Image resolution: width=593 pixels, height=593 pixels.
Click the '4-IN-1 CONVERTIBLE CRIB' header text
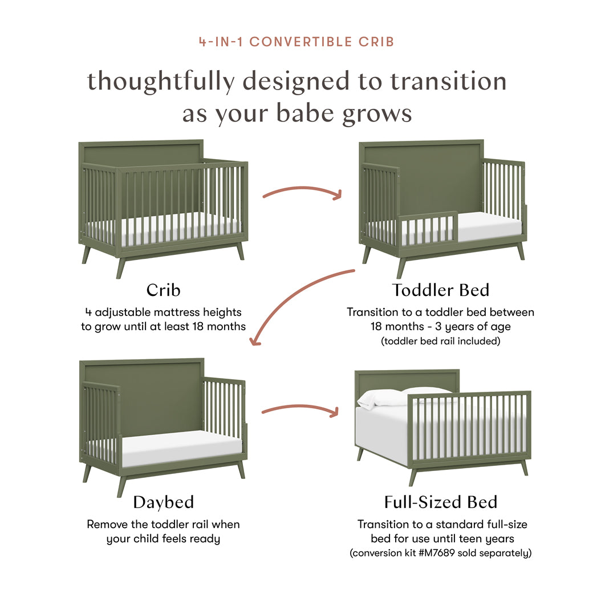click(x=296, y=42)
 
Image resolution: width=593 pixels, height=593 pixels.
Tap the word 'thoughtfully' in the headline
click(x=160, y=82)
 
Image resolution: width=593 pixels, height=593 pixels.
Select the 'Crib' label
click(x=163, y=290)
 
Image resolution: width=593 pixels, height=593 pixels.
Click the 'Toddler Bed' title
click(x=440, y=290)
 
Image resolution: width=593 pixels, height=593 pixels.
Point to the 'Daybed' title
click(x=163, y=502)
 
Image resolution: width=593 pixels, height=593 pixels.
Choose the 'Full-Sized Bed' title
click(x=440, y=502)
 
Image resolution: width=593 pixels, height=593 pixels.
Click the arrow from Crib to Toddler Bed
click(x=302, y=192)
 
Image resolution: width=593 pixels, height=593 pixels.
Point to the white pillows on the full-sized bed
click(x=399, y=396)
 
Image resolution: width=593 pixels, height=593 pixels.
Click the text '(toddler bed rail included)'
click(x=440, y=342)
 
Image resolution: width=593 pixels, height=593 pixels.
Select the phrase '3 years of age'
click(x=471, y=327)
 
